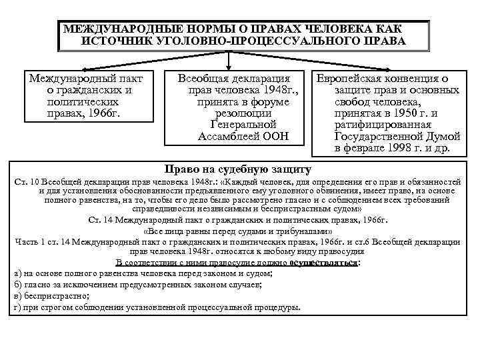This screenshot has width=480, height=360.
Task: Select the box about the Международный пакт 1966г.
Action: pos(90,96)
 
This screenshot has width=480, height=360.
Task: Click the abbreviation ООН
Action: pos(275,136)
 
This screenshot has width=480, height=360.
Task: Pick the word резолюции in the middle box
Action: pos(237,113)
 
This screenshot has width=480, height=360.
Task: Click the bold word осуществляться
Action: pos(327,263)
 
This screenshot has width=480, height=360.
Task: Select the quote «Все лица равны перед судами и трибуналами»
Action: pos(238,231)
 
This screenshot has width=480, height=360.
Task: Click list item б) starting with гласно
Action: pos(137,285)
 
